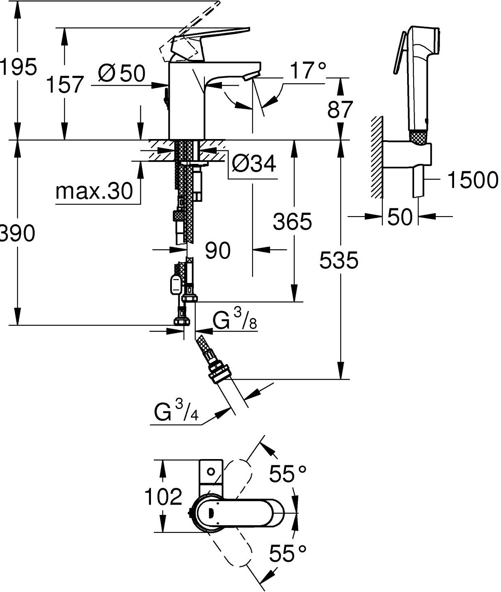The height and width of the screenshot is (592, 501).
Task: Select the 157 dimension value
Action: tap(65, 85)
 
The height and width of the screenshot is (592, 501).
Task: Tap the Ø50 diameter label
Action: tap(122, 73)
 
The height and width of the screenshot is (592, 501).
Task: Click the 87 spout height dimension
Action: tap(340, 109)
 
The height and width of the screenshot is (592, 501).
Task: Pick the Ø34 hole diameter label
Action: tap(254, 164)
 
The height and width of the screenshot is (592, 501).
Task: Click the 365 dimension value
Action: tap(293, 221)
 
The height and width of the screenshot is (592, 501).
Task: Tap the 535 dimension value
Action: tap(339, 260)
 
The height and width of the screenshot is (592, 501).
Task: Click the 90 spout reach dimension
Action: tap(218, 250)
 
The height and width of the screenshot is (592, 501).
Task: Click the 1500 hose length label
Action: tap(473, 180)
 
